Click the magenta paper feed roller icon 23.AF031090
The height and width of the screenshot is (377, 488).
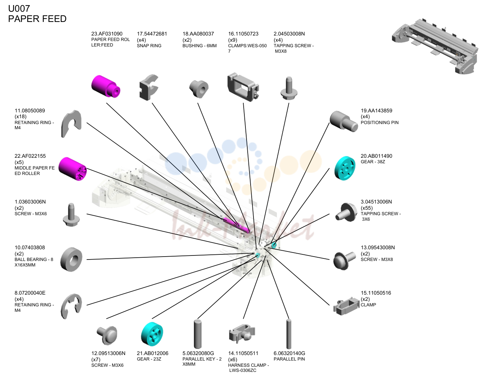click(x=106, y=86)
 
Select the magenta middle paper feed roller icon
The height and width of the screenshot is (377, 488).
click(x=73, y=169)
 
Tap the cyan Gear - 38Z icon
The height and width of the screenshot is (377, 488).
click(x=345, y=168)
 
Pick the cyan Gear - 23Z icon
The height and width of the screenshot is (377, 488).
click(x=152, y=334)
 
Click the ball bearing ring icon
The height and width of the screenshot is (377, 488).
click(x=71, y=260)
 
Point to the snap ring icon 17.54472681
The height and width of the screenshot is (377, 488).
click(x=149, y=87)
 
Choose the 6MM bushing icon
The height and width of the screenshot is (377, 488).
click(x=199, y=89)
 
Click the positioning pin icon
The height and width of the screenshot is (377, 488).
click(x=344, y=121)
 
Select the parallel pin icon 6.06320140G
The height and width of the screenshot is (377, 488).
click(x=289, y=334)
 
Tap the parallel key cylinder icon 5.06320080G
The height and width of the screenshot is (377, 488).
click(x=198, y=334)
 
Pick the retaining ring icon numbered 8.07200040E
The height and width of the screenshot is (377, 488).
click(x=71, y=306)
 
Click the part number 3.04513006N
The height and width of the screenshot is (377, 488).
click(x=376, y=202)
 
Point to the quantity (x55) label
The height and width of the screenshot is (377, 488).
click(x=367, y=208)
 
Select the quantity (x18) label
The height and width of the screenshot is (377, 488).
click(x=20, y=116)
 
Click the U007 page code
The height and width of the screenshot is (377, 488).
click(x=19, y=8)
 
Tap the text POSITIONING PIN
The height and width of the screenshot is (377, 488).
click(x=379, y=123)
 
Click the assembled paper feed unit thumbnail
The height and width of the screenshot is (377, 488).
click(x=435, y=46)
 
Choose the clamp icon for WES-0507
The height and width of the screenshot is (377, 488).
click(x=243, y=87)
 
